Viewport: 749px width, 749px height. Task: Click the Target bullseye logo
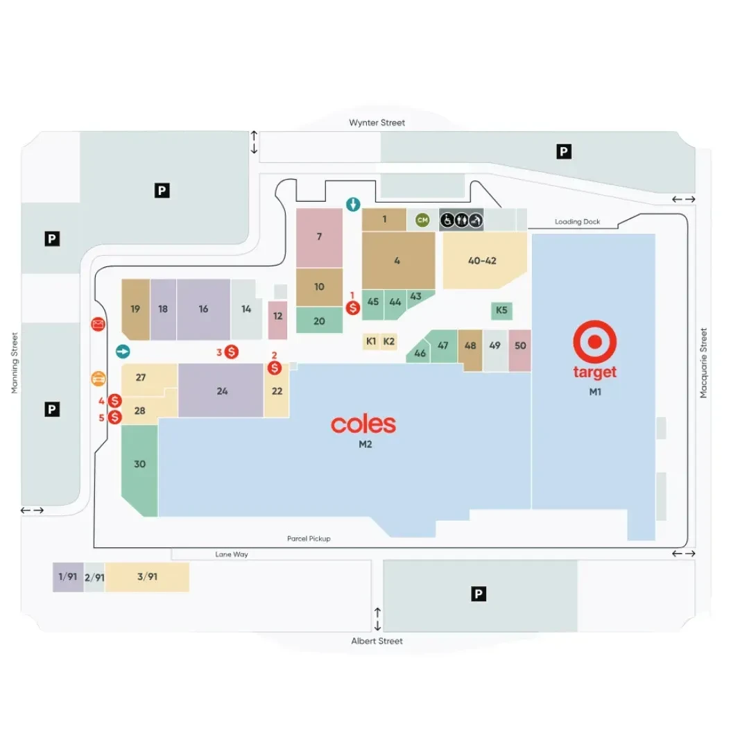595,341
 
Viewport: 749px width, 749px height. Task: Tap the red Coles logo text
363,424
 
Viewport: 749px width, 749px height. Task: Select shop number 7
319,237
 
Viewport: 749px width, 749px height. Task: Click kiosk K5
501,311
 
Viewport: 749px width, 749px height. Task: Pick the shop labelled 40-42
483,260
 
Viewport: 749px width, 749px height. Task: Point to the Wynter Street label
377,123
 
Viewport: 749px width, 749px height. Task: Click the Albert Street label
377,641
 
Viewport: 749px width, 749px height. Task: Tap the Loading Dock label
577,222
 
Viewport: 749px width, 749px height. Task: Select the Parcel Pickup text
309,538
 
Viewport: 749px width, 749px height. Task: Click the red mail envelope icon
98,325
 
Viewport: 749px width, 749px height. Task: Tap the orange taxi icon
98,379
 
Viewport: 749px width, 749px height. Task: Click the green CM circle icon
422,220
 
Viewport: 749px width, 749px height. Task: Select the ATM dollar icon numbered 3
231,352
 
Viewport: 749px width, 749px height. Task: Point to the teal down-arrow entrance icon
353,205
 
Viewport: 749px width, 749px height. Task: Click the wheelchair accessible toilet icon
447,221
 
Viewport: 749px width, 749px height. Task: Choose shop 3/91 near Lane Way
147,577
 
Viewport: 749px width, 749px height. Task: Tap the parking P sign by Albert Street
478,594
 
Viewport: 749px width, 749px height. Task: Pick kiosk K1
371,341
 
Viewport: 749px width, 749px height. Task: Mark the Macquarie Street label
703,363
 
